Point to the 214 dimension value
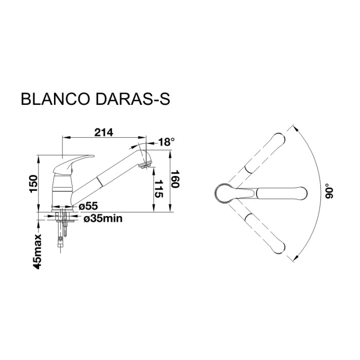104,132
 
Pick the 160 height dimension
175,178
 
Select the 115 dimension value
158,189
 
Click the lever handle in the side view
75,163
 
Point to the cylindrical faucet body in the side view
62,190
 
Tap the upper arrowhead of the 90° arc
296,128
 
